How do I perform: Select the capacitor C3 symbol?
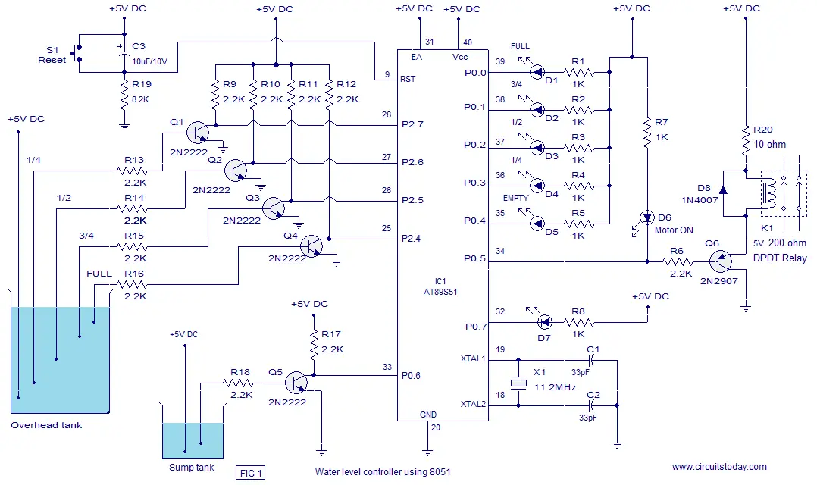(124, 53)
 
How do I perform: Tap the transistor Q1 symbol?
(198, 133)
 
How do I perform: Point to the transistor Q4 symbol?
(311, 246)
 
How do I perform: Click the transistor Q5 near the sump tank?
(296, 383)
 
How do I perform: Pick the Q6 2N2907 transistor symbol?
(721, 261)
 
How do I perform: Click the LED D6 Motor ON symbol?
(647, 217)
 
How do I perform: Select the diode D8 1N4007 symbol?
(723, 189)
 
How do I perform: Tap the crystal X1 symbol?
(518, 383)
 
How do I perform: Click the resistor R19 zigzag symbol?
(124, 95)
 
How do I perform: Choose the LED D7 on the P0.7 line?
(544, 323)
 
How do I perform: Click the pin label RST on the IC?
(408, 79)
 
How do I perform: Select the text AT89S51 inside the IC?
(440, 292)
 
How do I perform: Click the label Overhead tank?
(46, 425)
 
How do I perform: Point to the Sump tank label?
(191, 468)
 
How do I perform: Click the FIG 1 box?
(250, 473)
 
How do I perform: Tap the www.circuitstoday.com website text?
(719, 467)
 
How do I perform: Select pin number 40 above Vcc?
(468, 42)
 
